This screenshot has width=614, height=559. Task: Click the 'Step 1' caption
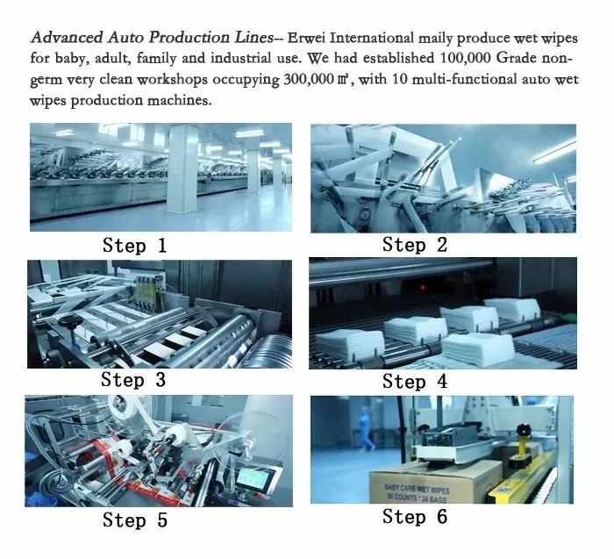tap(135, 246)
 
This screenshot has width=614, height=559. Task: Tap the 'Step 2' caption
tap(415, 245)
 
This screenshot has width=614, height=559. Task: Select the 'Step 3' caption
tap(133, 380)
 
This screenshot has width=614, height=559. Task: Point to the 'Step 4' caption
tap(415, 382)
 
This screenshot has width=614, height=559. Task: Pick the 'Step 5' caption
tap(135, 520)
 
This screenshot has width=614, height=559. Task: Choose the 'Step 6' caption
tap(415, 516)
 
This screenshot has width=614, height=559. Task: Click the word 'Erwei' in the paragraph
tap(307, 39)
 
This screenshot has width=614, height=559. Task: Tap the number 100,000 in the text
tap(466, 59)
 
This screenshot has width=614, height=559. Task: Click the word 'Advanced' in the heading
tap(67, 38)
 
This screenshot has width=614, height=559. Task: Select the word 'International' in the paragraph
tap(372, 39)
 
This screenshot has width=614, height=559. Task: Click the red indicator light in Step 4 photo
tap(423, 288)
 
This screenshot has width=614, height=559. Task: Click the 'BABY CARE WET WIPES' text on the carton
tap(417, 489)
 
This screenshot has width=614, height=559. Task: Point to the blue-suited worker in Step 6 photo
tap(366, 428)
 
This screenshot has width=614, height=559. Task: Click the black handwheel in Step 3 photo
tap(70, 321)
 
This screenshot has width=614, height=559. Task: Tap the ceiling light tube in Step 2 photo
tap(555, 152)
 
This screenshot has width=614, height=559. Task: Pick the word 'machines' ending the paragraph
tap(179, 101)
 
